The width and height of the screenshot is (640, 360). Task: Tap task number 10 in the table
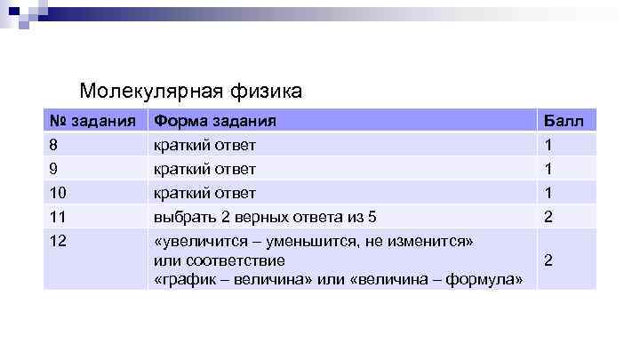coord(60,193)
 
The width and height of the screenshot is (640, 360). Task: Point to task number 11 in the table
coord(60,217)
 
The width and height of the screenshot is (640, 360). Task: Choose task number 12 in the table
coord(60,241)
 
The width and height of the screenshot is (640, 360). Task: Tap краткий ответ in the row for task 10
coord(205,193)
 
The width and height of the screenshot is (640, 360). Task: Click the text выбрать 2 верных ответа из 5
coord(265,217)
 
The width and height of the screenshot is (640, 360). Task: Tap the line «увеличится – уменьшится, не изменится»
coord(314,241)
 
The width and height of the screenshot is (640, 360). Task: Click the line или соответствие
coord(220,260)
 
